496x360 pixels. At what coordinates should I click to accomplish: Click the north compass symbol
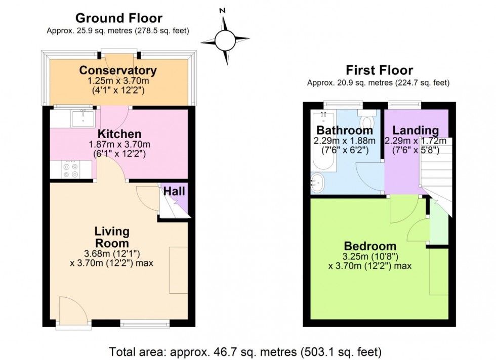click(225, 38)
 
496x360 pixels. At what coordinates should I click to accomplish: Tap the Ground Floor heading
click(119, 18)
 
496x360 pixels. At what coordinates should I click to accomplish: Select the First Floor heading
click(379, 70)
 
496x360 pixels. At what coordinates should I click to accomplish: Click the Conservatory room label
click(118, 70)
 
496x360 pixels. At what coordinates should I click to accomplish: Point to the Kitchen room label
click(119, 134)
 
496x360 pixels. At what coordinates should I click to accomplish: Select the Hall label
click(174, 192)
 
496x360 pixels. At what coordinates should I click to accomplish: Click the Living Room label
click(112, 237)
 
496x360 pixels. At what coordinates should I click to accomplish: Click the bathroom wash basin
click(318, 183)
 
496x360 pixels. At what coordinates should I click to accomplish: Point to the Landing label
click(416, 130)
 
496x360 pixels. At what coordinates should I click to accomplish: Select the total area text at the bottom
click(245, 351)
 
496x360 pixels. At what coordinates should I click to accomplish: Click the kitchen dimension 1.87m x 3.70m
click(119, 145)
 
